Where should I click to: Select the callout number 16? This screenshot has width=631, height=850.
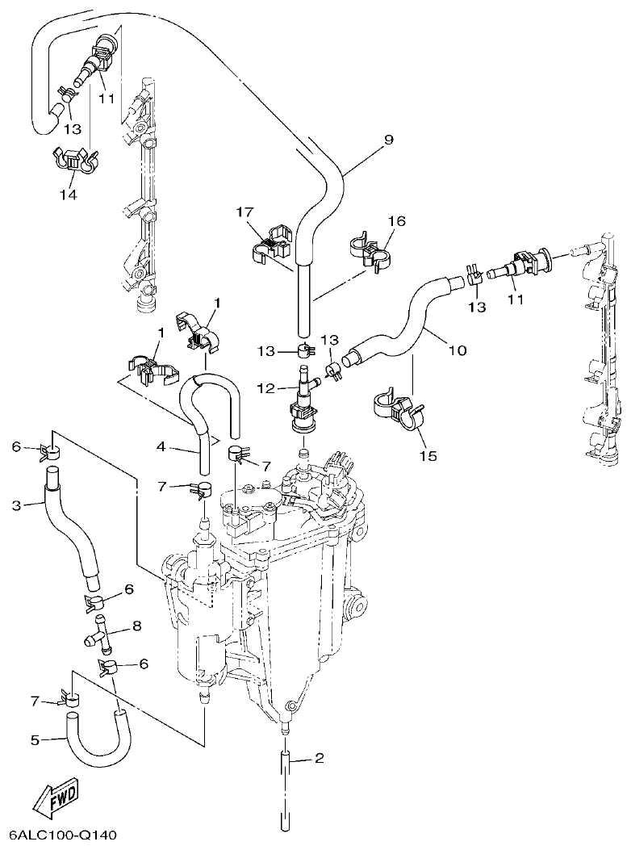pyautogui.click(x=396, y=220)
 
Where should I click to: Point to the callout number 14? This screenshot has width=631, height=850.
pyautogui.click(x=68, y=195)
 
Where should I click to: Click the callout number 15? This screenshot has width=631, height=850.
pyautogui.click(x=427, y=456)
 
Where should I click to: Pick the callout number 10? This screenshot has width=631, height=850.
pyautogui.click(x=457, y=350)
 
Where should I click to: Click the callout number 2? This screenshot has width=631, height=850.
pyautogui.click(x=319, y=758)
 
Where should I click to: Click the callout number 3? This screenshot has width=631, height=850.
pyautogui.click(x=15, y=506)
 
